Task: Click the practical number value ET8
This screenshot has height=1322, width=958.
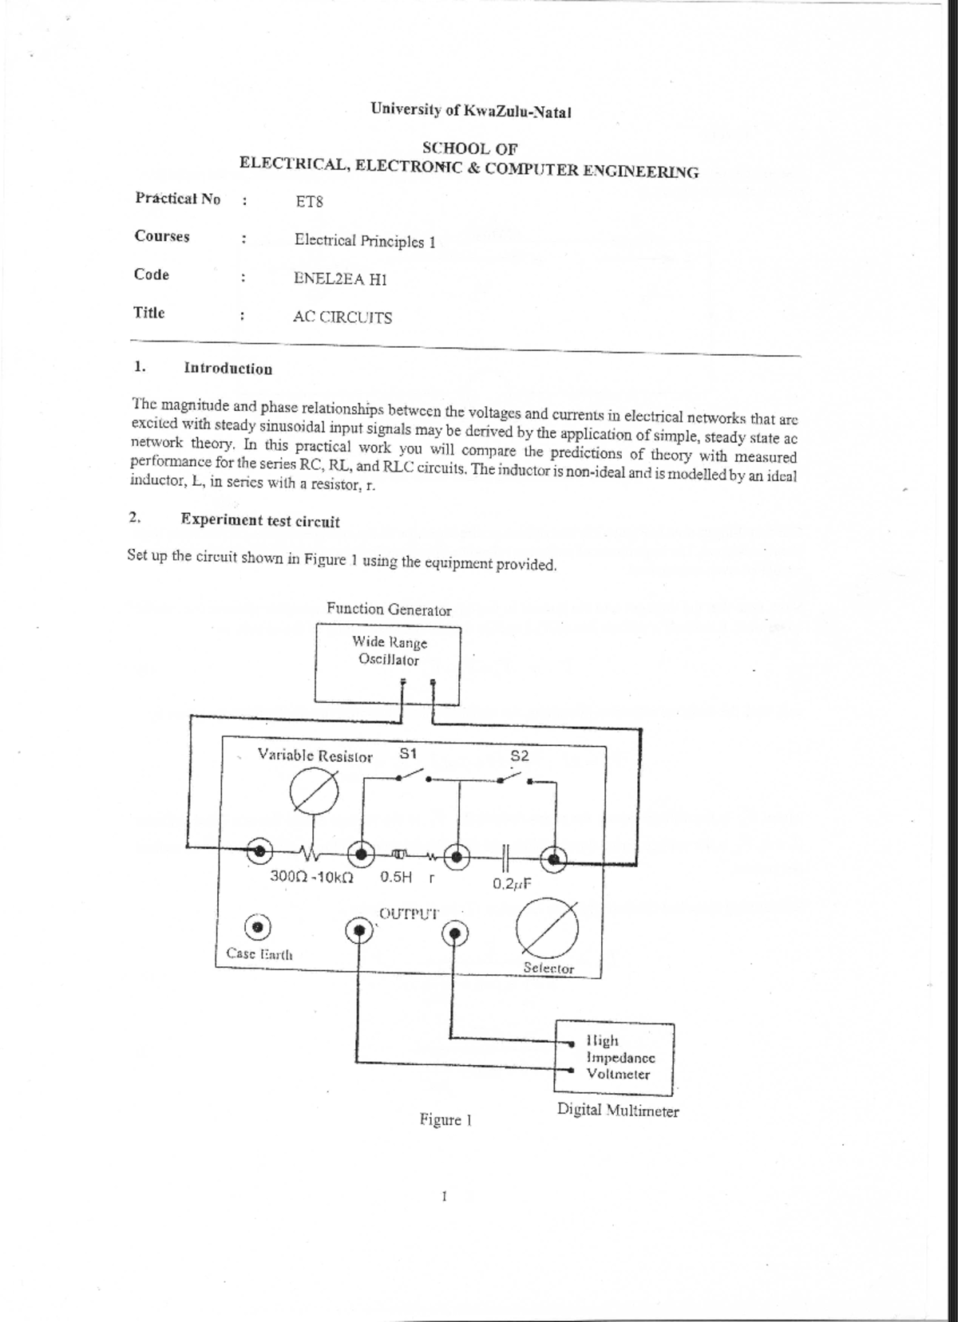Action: pyautogui.click(x=309, y=201)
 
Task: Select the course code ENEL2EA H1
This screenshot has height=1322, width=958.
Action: pyautogui.click(x=340, y=278)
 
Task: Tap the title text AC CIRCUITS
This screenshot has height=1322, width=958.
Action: pyautogui.click(x=342, y=317)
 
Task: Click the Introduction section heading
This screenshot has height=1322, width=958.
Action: pyautogui.click(x=228, y=369)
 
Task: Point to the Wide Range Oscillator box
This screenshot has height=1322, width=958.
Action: pyautogui.click(x=388, y=663)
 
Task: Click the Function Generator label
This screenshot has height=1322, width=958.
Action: pyautogui.click(x=389, y=610)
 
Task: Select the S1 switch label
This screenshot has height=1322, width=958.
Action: pyautogui.click(x=408, y=753)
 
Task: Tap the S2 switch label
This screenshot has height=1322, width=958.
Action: pyautogui.click(x=519, y=756)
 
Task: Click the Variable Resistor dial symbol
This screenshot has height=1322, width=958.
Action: pyautogui.click(x=314, y=795)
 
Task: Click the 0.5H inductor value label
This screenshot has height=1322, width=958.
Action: pyautogui.click(x=396, y=877)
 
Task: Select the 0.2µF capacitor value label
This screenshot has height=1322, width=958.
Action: pyautogui.click(x=512, y=883)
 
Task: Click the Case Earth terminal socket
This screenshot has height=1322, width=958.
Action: pyautogui.click(x=258, y=928)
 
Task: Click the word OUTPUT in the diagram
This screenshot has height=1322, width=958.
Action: pyautogui.click(x=409, y=914)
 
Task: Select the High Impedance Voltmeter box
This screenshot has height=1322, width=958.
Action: pyautogui.click(x=614, y=1057)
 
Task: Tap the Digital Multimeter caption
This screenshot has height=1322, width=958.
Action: pyautogui.click(x=618, y=1111)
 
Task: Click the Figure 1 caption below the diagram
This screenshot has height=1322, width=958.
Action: pyautogui.click(x=445, y=1119)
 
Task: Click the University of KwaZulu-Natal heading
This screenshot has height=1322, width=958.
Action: pyautogui.click(x=471, y=111)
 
